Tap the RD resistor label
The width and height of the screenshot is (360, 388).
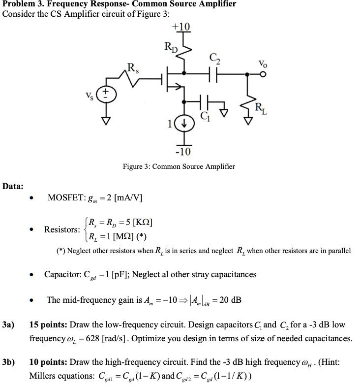tap(169, 48)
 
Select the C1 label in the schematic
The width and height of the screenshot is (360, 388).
tap(206, 118)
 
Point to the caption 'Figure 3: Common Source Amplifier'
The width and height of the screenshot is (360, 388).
tap(179, 166)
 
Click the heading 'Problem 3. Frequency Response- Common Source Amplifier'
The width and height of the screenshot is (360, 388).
tap(120, 4)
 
